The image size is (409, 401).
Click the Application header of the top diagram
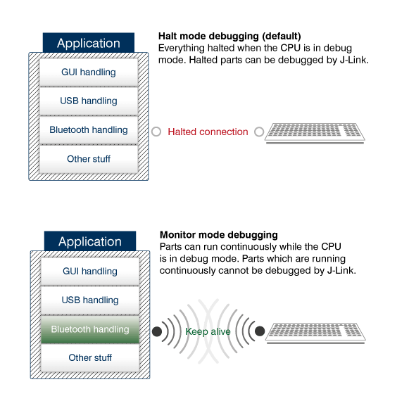tap(88, 43)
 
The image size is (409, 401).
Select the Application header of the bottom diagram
tap(90, 241)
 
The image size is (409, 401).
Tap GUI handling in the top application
tap(88, 72)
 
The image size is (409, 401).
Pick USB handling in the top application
tap(88, 101)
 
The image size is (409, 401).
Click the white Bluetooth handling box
tap(88, 130)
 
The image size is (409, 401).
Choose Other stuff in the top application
tap(88, 159)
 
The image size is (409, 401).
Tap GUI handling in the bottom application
tap(90, 271)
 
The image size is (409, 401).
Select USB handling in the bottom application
tap(90, 300)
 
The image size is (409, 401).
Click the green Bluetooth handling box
tap(90, 329)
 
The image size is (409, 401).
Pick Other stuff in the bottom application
tap(90, 358)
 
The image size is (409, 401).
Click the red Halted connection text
tap(208, 132)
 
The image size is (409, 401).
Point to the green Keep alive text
tap(208, 331)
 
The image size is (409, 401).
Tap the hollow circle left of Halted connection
tap(156, 132)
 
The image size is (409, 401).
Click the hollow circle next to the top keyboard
tap(259, 132)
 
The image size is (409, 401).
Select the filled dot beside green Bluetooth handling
tap(156, 331)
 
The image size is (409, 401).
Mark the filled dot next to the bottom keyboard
tap(260, 331)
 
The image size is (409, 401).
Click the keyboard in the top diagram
tap(315, 133)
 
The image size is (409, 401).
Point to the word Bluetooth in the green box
tap(70, 329)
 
